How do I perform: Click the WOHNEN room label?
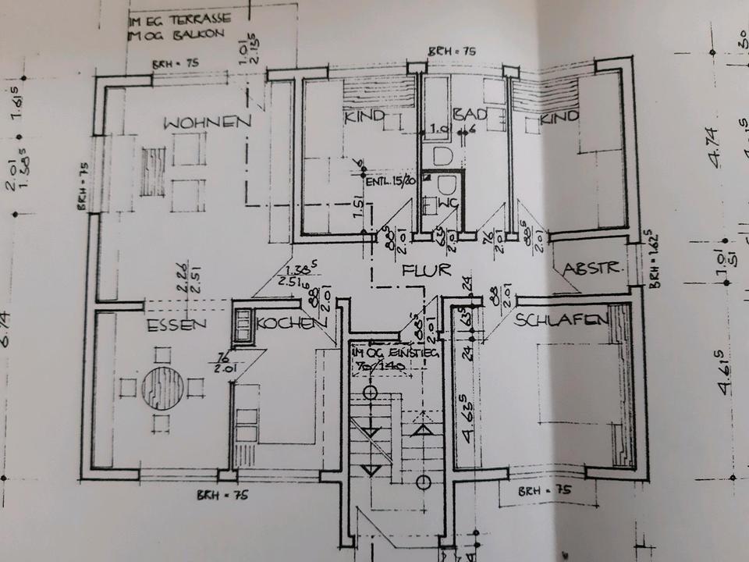click(x=207, y=122)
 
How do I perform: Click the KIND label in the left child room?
click(x=364, y=116)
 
